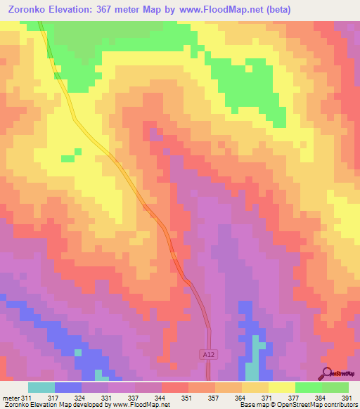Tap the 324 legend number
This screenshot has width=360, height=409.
80,398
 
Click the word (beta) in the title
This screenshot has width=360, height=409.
274,10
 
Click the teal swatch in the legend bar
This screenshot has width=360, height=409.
41,387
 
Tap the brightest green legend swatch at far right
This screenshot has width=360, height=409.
335,387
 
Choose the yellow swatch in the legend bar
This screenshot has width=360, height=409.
281,387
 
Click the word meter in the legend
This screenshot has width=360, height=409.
10,398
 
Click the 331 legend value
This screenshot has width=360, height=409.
107,398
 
